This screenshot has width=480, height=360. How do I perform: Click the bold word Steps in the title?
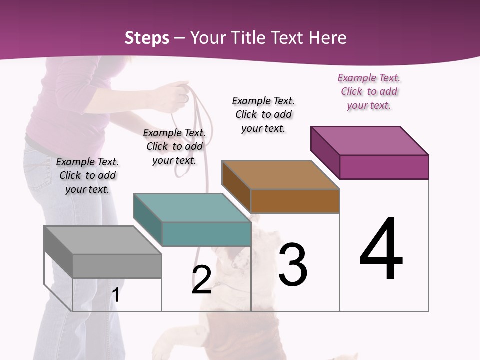tap(147, 38)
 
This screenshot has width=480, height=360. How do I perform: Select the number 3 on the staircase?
tap(293, 264)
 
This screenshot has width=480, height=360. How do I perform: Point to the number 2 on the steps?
tap(201, 280)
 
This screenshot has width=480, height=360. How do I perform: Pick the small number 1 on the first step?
tap(116, 295)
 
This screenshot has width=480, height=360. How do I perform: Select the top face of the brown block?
tap(280, 175)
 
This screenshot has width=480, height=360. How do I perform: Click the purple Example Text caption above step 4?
tap(369, 91)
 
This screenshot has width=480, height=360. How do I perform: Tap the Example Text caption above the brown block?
tap(263, 114)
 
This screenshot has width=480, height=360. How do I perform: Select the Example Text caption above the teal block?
tap(174, 146)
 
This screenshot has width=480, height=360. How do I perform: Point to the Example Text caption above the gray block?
tap(87, 175)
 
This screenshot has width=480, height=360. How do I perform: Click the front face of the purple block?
tap(384, 167)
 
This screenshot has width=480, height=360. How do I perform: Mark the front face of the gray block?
tap(117, 266)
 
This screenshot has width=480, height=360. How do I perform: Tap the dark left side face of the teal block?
tap(148, 219)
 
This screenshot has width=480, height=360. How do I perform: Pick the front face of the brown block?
tap(295, 201)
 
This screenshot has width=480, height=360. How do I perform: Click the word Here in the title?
tap(328, 38)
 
